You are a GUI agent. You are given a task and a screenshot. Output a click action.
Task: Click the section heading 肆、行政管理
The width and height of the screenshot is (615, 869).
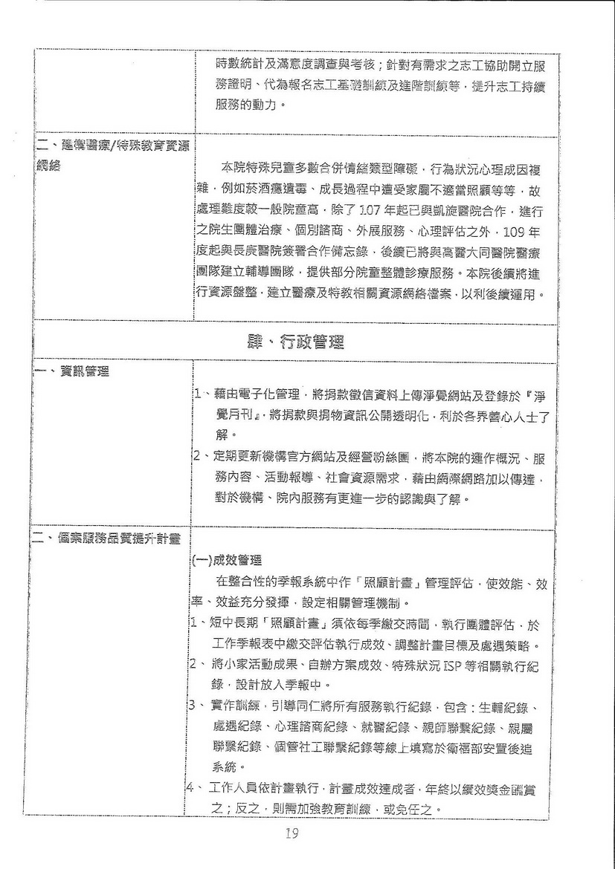point(294,343)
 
